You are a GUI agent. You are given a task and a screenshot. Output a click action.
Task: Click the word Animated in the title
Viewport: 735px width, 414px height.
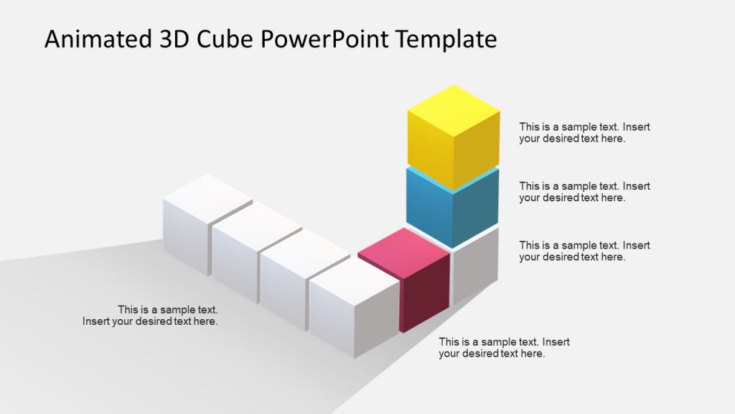95,39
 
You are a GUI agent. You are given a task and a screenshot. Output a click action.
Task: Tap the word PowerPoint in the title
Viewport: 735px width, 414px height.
330,40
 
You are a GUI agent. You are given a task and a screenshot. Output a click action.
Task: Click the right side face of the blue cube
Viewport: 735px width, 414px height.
477,210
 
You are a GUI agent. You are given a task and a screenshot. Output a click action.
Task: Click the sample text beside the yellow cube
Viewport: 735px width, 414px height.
584,133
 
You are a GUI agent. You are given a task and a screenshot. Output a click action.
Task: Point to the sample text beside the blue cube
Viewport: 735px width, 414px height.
584,192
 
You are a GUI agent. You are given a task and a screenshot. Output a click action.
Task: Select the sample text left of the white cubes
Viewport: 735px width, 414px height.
151,316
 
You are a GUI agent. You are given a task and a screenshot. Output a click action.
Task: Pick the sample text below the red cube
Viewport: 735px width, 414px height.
504,348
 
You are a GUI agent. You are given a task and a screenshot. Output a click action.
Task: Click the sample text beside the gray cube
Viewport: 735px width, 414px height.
584,251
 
